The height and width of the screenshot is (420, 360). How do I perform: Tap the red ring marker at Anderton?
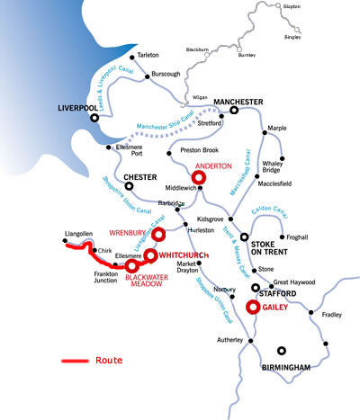coord(199,176)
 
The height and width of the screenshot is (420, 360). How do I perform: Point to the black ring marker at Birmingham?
coord(283,352)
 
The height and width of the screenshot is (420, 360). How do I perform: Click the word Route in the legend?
coord(108,360)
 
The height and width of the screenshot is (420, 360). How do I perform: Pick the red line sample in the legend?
coord(73,361)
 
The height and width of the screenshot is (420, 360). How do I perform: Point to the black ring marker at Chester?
coord(129,187)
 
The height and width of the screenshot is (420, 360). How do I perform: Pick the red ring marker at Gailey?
coord(254,307)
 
